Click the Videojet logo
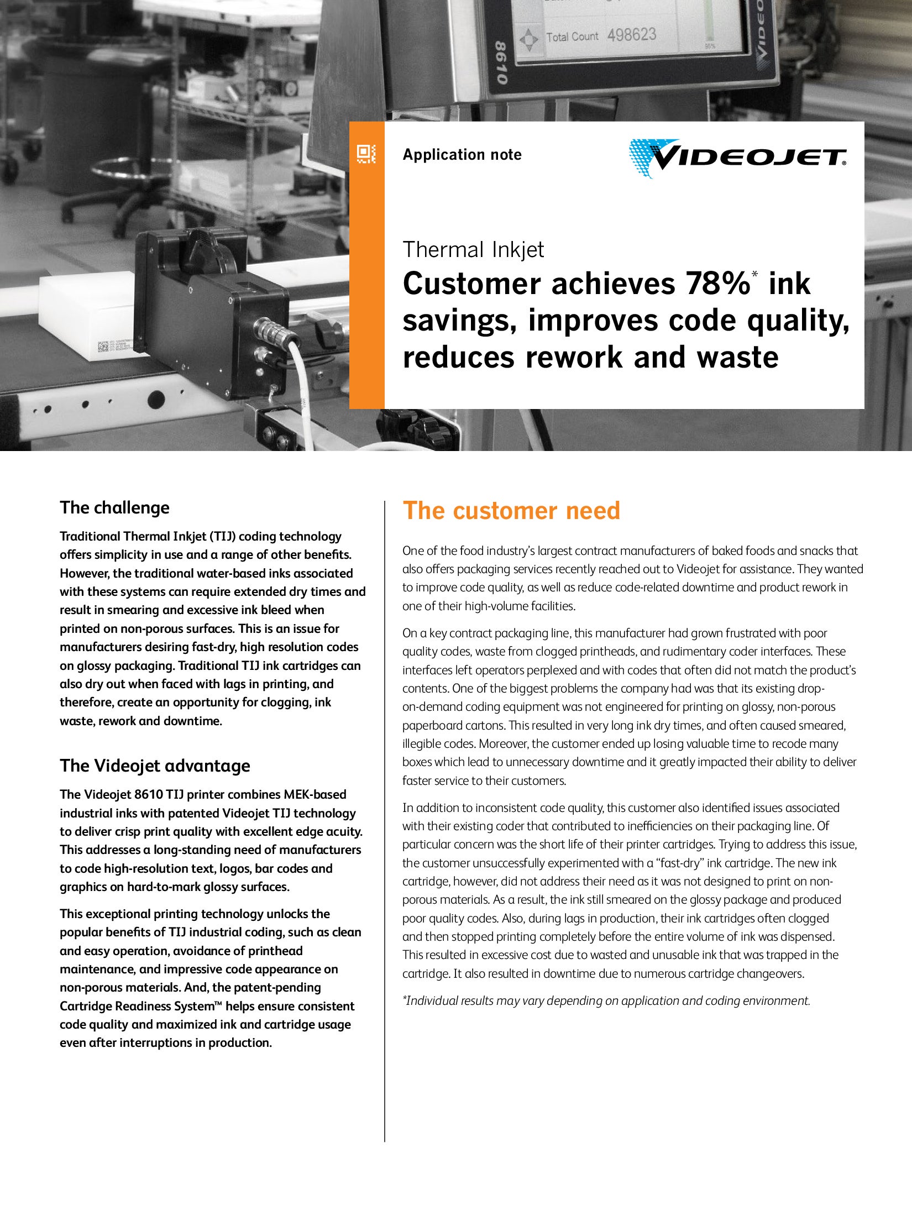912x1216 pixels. point(737,158)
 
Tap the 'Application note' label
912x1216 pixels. point(462,155)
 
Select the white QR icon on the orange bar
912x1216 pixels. point(366,153)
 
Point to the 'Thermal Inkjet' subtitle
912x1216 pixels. point(473,250)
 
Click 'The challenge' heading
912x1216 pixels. point(114,507)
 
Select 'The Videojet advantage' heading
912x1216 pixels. point(155,766)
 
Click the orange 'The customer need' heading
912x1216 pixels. point(511,511)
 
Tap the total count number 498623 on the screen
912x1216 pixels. point(632,35)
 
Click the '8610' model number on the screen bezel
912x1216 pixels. point(500,63)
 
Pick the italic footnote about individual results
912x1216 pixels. point(606,1000)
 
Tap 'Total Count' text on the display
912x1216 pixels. point(572,37)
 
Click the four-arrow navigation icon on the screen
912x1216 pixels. point(529,40)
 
